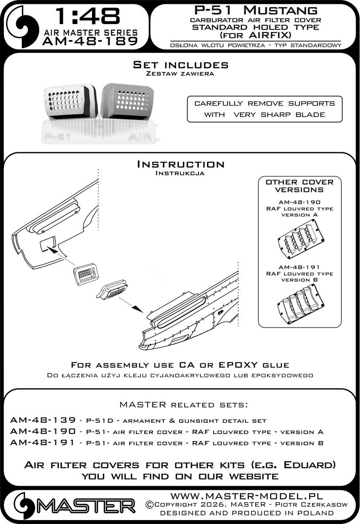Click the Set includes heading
tap(180, 65)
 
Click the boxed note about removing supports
tap(264, 109)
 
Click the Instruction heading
tap(180, 165)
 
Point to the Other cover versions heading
tap(300, 186)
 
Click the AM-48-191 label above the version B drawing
tap(300, 267)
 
